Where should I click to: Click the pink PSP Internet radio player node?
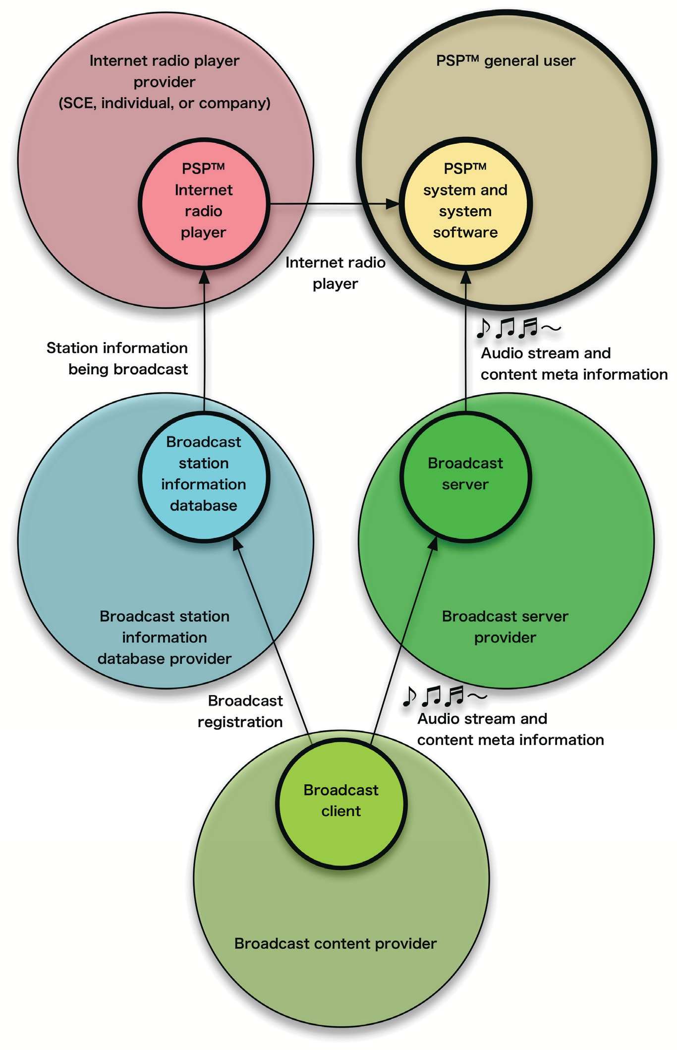204,204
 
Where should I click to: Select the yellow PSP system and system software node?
465,204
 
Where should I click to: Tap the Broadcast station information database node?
204,476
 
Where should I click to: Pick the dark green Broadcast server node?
465,476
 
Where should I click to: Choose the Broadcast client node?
341,803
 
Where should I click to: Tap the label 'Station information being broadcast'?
117,358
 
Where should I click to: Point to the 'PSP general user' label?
506,61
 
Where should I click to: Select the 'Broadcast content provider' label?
336,943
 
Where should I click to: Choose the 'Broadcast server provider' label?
505,627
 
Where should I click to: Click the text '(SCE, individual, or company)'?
165,103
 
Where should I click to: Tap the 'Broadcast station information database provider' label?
165,637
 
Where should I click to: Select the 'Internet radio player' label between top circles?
336,273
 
